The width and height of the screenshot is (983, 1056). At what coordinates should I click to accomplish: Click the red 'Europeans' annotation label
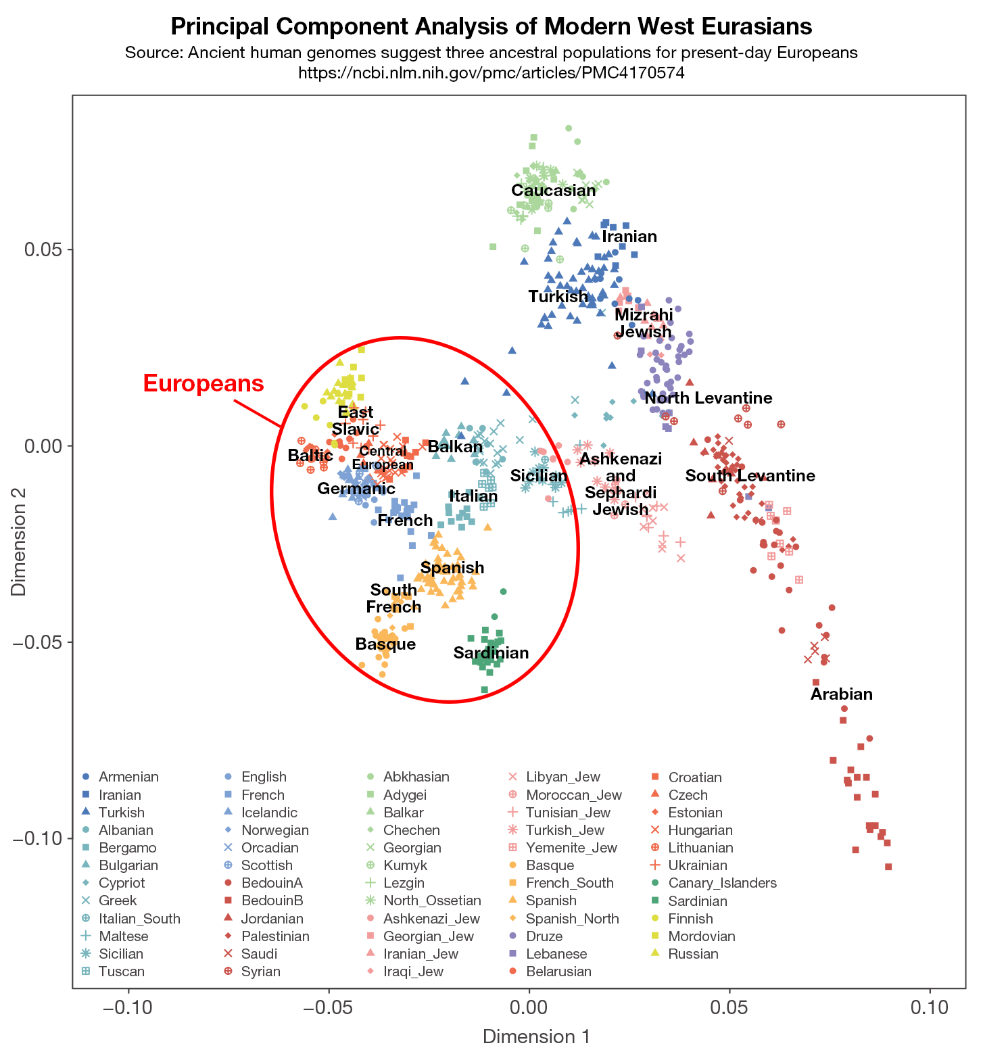click(203, 383)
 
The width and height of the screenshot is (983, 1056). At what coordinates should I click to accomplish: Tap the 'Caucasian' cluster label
click(553, 191)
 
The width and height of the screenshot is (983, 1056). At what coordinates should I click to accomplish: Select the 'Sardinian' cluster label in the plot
click(491, 653)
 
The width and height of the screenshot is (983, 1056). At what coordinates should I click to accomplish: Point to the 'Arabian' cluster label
click(841, 694)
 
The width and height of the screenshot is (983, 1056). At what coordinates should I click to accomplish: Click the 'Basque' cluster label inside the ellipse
click(385, 644)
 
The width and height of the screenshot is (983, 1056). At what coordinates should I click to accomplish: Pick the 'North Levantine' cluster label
click(708, 398)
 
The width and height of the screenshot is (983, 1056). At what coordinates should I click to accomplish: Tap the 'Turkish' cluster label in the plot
click(558, 297)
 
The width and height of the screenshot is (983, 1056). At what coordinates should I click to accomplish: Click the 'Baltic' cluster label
click(310, 456)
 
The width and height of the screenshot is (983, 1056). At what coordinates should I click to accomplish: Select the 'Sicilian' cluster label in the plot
click(539, 476)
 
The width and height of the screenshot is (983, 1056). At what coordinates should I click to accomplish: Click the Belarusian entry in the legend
click(558, 971)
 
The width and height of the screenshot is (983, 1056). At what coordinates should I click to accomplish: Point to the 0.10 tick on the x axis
click(930, 1007)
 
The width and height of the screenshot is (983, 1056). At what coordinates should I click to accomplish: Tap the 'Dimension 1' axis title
click(536, 1036)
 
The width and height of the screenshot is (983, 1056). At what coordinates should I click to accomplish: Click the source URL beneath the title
click(491, 73)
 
